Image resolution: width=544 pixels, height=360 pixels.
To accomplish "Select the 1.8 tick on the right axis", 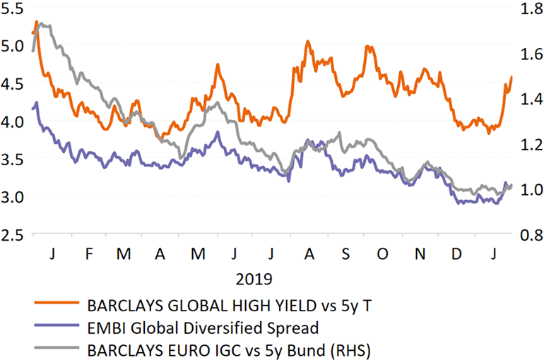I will [x=531, y=9].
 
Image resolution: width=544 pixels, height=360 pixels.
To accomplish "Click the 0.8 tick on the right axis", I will [x=531, y=234].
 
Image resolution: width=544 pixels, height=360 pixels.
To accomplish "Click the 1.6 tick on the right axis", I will [x=531, y=54].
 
